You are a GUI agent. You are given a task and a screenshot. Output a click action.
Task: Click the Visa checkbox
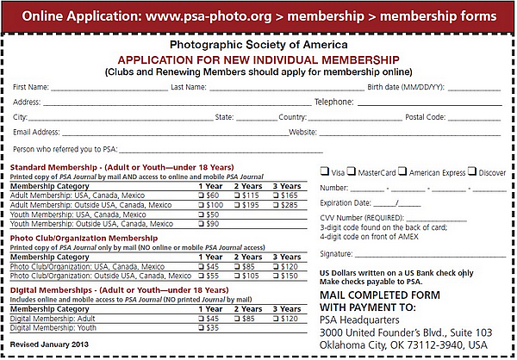pos(324,172)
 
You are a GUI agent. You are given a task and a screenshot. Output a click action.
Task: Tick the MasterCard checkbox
pos(352,172)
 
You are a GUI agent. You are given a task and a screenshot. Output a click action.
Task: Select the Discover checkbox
pos(472,172)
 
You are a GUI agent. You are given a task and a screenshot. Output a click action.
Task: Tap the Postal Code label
pos(426,117)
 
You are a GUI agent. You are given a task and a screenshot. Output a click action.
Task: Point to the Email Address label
pos(36,132)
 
